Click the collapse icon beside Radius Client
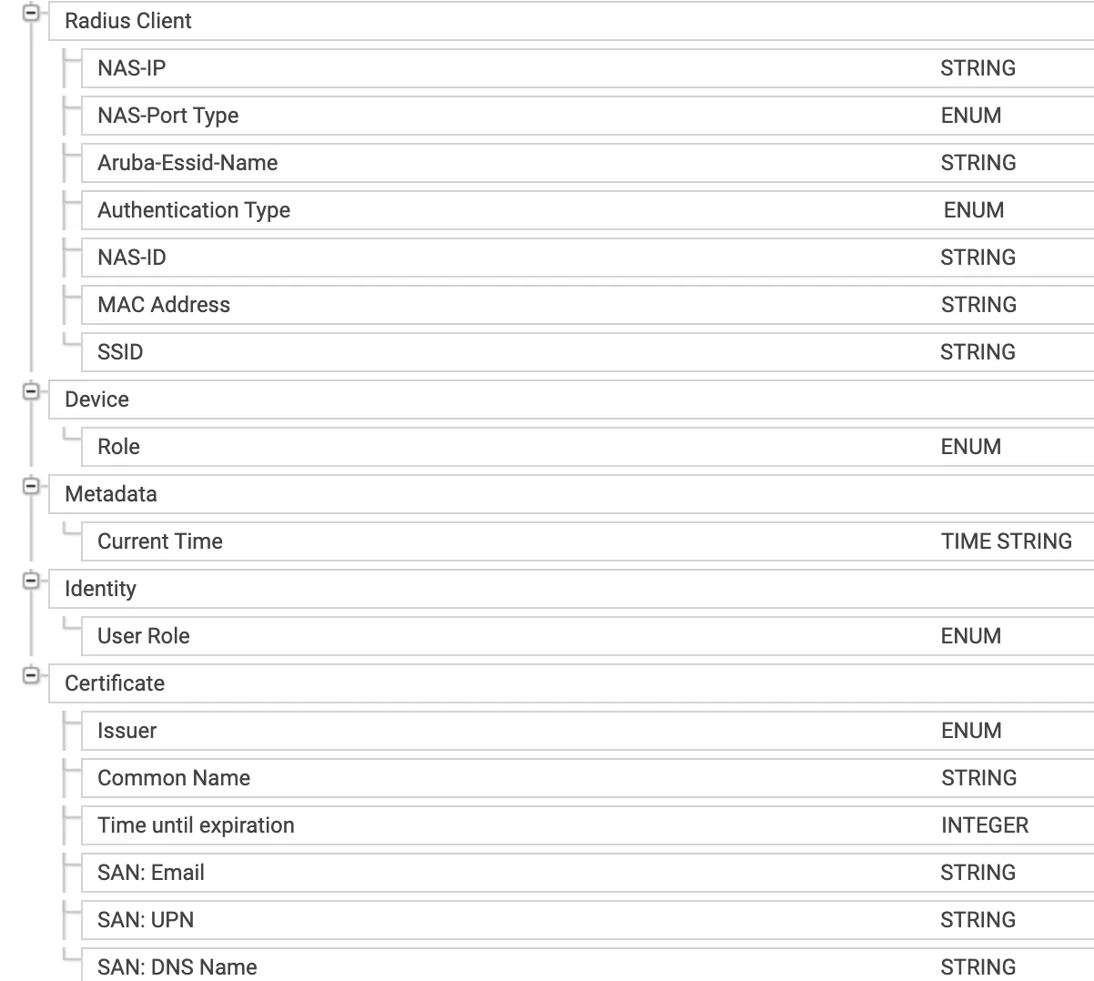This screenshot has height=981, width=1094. pyautogui.click(x=32, y=14)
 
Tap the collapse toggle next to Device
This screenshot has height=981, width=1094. pyautogui.click(x=32, y=392)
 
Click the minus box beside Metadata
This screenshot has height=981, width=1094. pyautogui.click(x=32, y=486)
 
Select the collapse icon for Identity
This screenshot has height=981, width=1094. pyautogui.click(x=32, y=581)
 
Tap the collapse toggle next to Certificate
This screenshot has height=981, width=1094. pyautogui.click(x=32, y=675)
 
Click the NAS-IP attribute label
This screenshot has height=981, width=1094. pyautogui.click(x=131, y=68)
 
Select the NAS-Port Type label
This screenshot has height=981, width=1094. pyautogui.click(x=167, y=116)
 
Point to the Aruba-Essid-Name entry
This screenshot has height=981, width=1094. pyautogui.click(x=187, y=163)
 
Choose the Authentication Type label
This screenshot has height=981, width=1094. pyautogui.click(x=193, y=210)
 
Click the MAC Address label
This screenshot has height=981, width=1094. pyautogui.click(x=164, y=305)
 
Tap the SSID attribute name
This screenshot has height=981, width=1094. pyautogui.click(x=120, y=352)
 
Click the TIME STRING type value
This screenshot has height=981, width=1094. pyautogui.click(x=1006, y=541)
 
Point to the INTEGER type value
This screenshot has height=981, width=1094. pyautogui.click(x=984, y=825)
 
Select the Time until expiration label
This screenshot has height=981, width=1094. pyautogui.click(x=196, y=825)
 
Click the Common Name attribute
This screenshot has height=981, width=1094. pyautogui.click(x=173, y=778)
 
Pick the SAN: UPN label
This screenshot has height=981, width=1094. pyautogui.click(x=146, y=920)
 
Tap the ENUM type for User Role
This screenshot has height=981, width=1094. pyautogui.click(x=970, y=636)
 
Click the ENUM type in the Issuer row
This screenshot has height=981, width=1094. pyautogui.click(x=970, y=731)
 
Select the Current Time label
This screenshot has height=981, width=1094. pyautogui.click(x=159, y=541)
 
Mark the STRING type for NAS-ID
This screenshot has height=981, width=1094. pyautogui.click(x=978, y=258)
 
